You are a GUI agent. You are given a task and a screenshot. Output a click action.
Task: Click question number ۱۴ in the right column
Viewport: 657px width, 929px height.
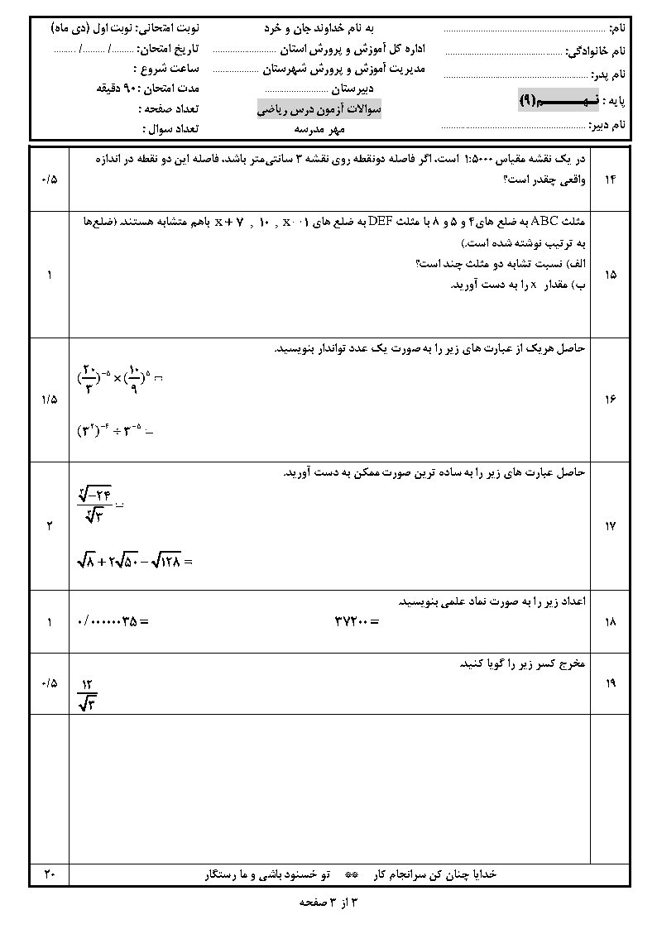click(x=611, y=179)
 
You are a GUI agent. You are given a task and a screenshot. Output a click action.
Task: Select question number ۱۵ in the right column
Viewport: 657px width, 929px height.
click(x=611, y=275)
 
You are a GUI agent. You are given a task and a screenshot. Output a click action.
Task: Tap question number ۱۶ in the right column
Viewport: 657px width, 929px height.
click(x=611, y=400)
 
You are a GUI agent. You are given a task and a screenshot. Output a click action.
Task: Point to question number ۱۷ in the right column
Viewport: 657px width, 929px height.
click(x=611, y=525)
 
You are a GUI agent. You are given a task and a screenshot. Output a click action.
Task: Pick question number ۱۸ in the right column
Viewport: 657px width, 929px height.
click(x=611, y=620)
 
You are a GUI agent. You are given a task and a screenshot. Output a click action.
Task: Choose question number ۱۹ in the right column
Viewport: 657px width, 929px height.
click(x=611, y=683)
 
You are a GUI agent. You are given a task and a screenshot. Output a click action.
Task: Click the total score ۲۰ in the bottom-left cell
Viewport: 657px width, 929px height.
click(x=49, y=874)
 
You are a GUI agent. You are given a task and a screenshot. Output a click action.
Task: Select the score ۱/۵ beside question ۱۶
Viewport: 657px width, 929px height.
click(x=49, y=400)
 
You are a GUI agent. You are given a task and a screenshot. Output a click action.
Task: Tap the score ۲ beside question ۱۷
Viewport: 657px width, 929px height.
click(x=49, y=525)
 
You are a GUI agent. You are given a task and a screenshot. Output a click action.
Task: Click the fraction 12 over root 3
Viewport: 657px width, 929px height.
click(x=88, y=693)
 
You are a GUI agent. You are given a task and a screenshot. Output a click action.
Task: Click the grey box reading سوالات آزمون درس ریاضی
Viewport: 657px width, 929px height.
click(x=317, y=109)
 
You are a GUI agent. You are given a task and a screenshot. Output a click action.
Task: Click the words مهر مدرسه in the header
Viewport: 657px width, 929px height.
click(x=319, y=128)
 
